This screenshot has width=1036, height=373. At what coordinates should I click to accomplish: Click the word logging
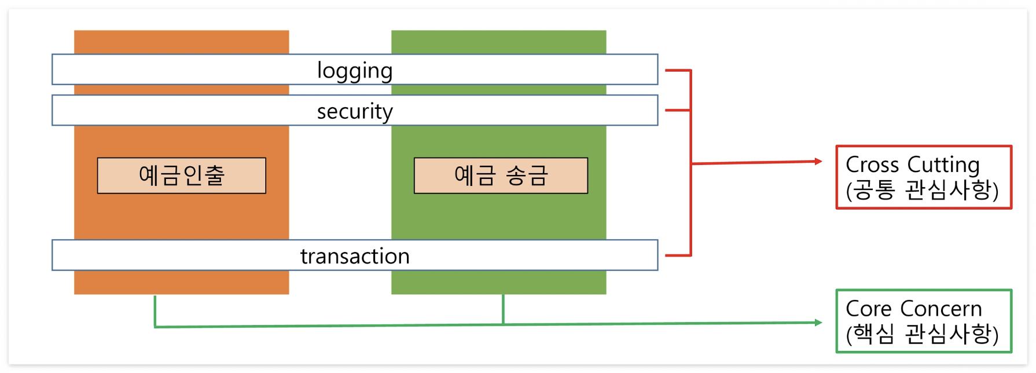(355, 71)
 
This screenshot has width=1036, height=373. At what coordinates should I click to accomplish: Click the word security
(355, 111)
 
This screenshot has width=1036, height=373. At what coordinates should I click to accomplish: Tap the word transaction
(355, 256)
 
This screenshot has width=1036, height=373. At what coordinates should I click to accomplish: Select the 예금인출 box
(181, 175)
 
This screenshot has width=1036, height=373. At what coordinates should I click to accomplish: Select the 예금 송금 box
(501, 175)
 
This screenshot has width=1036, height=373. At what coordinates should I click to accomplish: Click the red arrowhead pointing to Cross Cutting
(818, 161)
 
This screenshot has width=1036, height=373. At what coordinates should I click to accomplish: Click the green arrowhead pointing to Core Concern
(818, 323)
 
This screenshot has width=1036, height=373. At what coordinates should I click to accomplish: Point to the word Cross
(872, 165)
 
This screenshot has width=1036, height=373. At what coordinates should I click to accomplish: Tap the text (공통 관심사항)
(922, 190)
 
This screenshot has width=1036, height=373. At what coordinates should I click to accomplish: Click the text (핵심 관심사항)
(922, 334)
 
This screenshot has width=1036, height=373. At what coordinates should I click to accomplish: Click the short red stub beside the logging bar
(678, 70)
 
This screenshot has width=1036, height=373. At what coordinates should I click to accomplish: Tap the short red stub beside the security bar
(678, 110)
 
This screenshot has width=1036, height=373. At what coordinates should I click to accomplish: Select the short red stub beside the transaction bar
(678, 255)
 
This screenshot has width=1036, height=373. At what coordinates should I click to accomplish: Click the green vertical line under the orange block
(155, 311)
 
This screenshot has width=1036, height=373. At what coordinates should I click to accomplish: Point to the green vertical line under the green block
(503, 309)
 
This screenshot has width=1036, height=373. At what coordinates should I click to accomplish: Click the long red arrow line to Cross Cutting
(755, 163)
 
